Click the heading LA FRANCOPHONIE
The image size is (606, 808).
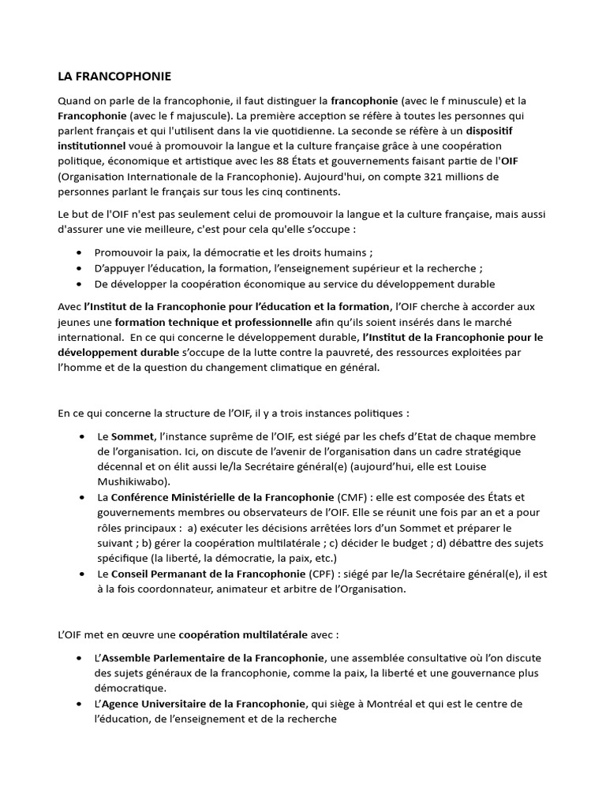click(x=114, y=77)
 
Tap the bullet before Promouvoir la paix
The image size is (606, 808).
click(x=79, y=253)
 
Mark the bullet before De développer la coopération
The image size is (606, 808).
click(x=79, y=284)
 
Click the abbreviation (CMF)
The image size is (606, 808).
click(x=351, y=497)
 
